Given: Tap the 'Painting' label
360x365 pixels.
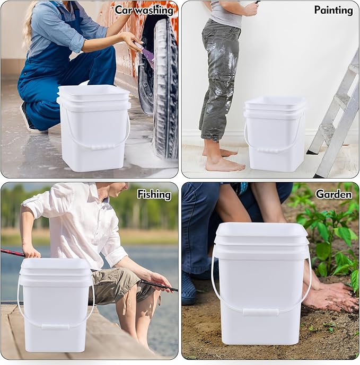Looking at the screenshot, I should tap(333, 10).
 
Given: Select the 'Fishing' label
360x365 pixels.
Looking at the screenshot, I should tap(154, 194).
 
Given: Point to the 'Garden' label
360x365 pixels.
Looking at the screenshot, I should tap(333, 194).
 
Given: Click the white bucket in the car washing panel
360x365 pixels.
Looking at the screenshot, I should tap(94, 132).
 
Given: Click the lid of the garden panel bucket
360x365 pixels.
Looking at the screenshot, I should tap(262, 233).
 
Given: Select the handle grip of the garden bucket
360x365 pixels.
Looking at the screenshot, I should tap(260, 313).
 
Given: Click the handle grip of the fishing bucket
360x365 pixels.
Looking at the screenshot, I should tap(55, 327).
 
